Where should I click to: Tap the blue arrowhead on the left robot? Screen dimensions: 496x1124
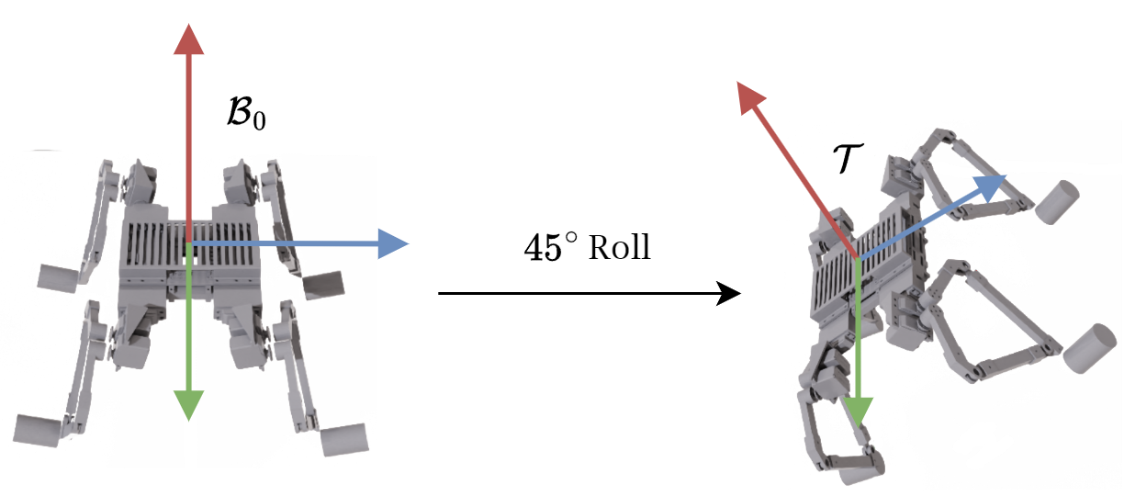[393, 243]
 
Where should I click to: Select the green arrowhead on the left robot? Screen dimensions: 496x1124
[188, 403]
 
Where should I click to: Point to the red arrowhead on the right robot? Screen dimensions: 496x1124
[750, 95]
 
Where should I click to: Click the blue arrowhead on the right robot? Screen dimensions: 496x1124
[990, 186]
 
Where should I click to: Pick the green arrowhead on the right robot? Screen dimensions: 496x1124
[859, 412]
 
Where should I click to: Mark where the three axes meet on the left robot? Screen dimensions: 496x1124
[188, 243]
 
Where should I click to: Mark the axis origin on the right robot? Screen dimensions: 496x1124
[857, 260]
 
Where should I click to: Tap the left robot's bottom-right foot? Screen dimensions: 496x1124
[346, 439]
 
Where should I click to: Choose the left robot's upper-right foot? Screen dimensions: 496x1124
[321, 285]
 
